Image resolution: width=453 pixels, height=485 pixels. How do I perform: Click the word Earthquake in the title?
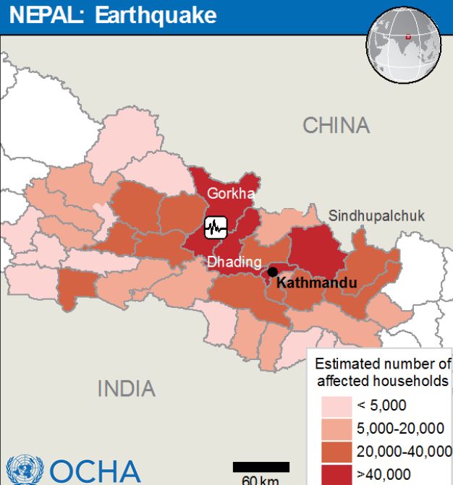(x=156, y=14)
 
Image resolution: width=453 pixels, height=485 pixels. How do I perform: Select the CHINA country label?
(x=336, y=125)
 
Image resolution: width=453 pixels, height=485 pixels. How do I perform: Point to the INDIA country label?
(x=126, y=388)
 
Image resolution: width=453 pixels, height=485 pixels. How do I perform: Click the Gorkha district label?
(x=231, y=194)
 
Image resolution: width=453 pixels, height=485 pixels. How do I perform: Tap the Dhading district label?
(x=229, y=262)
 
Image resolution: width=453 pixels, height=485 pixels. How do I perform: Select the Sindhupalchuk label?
(x=376, y=215)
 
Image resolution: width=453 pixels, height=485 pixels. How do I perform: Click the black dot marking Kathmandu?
(x=272, y=272)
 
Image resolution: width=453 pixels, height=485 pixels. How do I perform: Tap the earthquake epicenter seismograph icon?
(x=216, y=228)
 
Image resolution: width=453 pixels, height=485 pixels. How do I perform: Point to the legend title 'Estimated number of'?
(x=383, y=364)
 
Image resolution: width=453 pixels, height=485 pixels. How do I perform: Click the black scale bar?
(x=261, y=467)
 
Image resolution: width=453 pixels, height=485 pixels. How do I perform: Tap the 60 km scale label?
(x=260, y=480)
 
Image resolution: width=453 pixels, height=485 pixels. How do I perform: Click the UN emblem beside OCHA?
(x=24, y=471)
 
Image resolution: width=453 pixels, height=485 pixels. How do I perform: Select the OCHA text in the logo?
(x=94, y=471)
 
